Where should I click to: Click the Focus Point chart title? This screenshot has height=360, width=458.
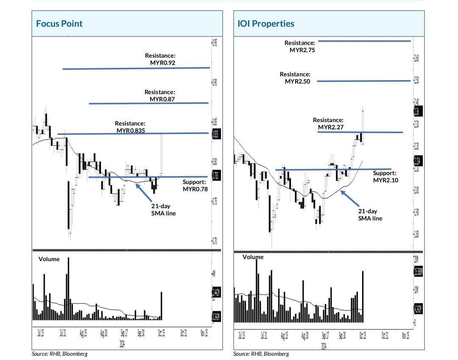click(59, 23)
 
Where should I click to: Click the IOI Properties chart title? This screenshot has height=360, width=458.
click(266, 23)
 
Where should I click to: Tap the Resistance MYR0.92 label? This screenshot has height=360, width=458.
click(160, 59)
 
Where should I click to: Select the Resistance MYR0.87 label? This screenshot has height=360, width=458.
click(160, 95)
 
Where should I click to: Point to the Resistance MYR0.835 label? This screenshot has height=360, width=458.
click(130, 127)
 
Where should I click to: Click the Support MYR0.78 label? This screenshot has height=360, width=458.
click(195, 186)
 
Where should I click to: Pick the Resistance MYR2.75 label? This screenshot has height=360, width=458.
click(300, 46)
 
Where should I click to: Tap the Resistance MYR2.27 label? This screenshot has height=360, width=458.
click(328, 124)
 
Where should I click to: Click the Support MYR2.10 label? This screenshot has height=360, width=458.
click(385, 177)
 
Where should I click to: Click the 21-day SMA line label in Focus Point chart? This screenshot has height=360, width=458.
click(163, 209)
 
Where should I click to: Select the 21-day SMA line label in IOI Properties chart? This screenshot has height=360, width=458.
click(370, 215)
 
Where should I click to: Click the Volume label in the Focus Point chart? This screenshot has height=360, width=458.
click(49, 259)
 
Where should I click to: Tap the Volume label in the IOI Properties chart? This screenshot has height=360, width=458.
click(253, 257)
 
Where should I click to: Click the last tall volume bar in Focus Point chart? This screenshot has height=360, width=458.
click(162, 305)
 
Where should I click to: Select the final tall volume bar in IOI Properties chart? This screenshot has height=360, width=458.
click(363, 296)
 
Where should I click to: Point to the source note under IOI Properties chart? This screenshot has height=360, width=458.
click(261, 354)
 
